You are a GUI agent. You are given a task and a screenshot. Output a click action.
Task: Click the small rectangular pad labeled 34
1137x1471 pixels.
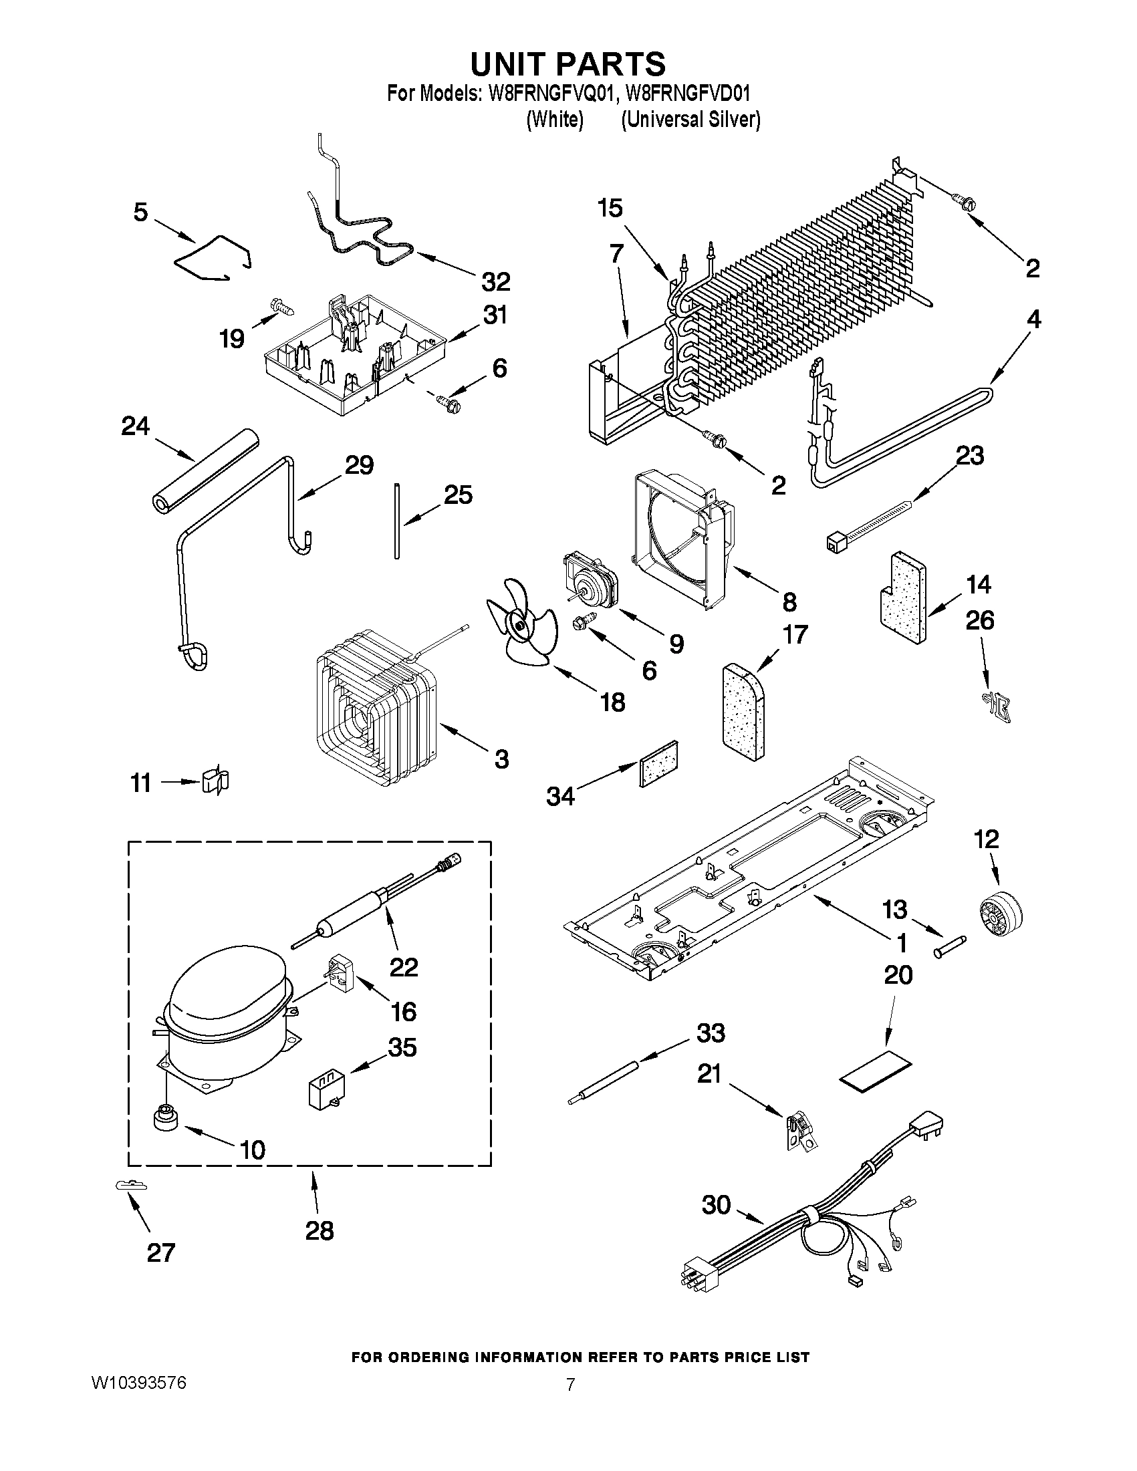pos(657,763)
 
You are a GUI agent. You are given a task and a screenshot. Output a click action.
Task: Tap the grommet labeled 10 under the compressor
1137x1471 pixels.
pos(164,1120)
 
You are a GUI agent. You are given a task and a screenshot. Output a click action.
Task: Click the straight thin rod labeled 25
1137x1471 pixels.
pos(397,519)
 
